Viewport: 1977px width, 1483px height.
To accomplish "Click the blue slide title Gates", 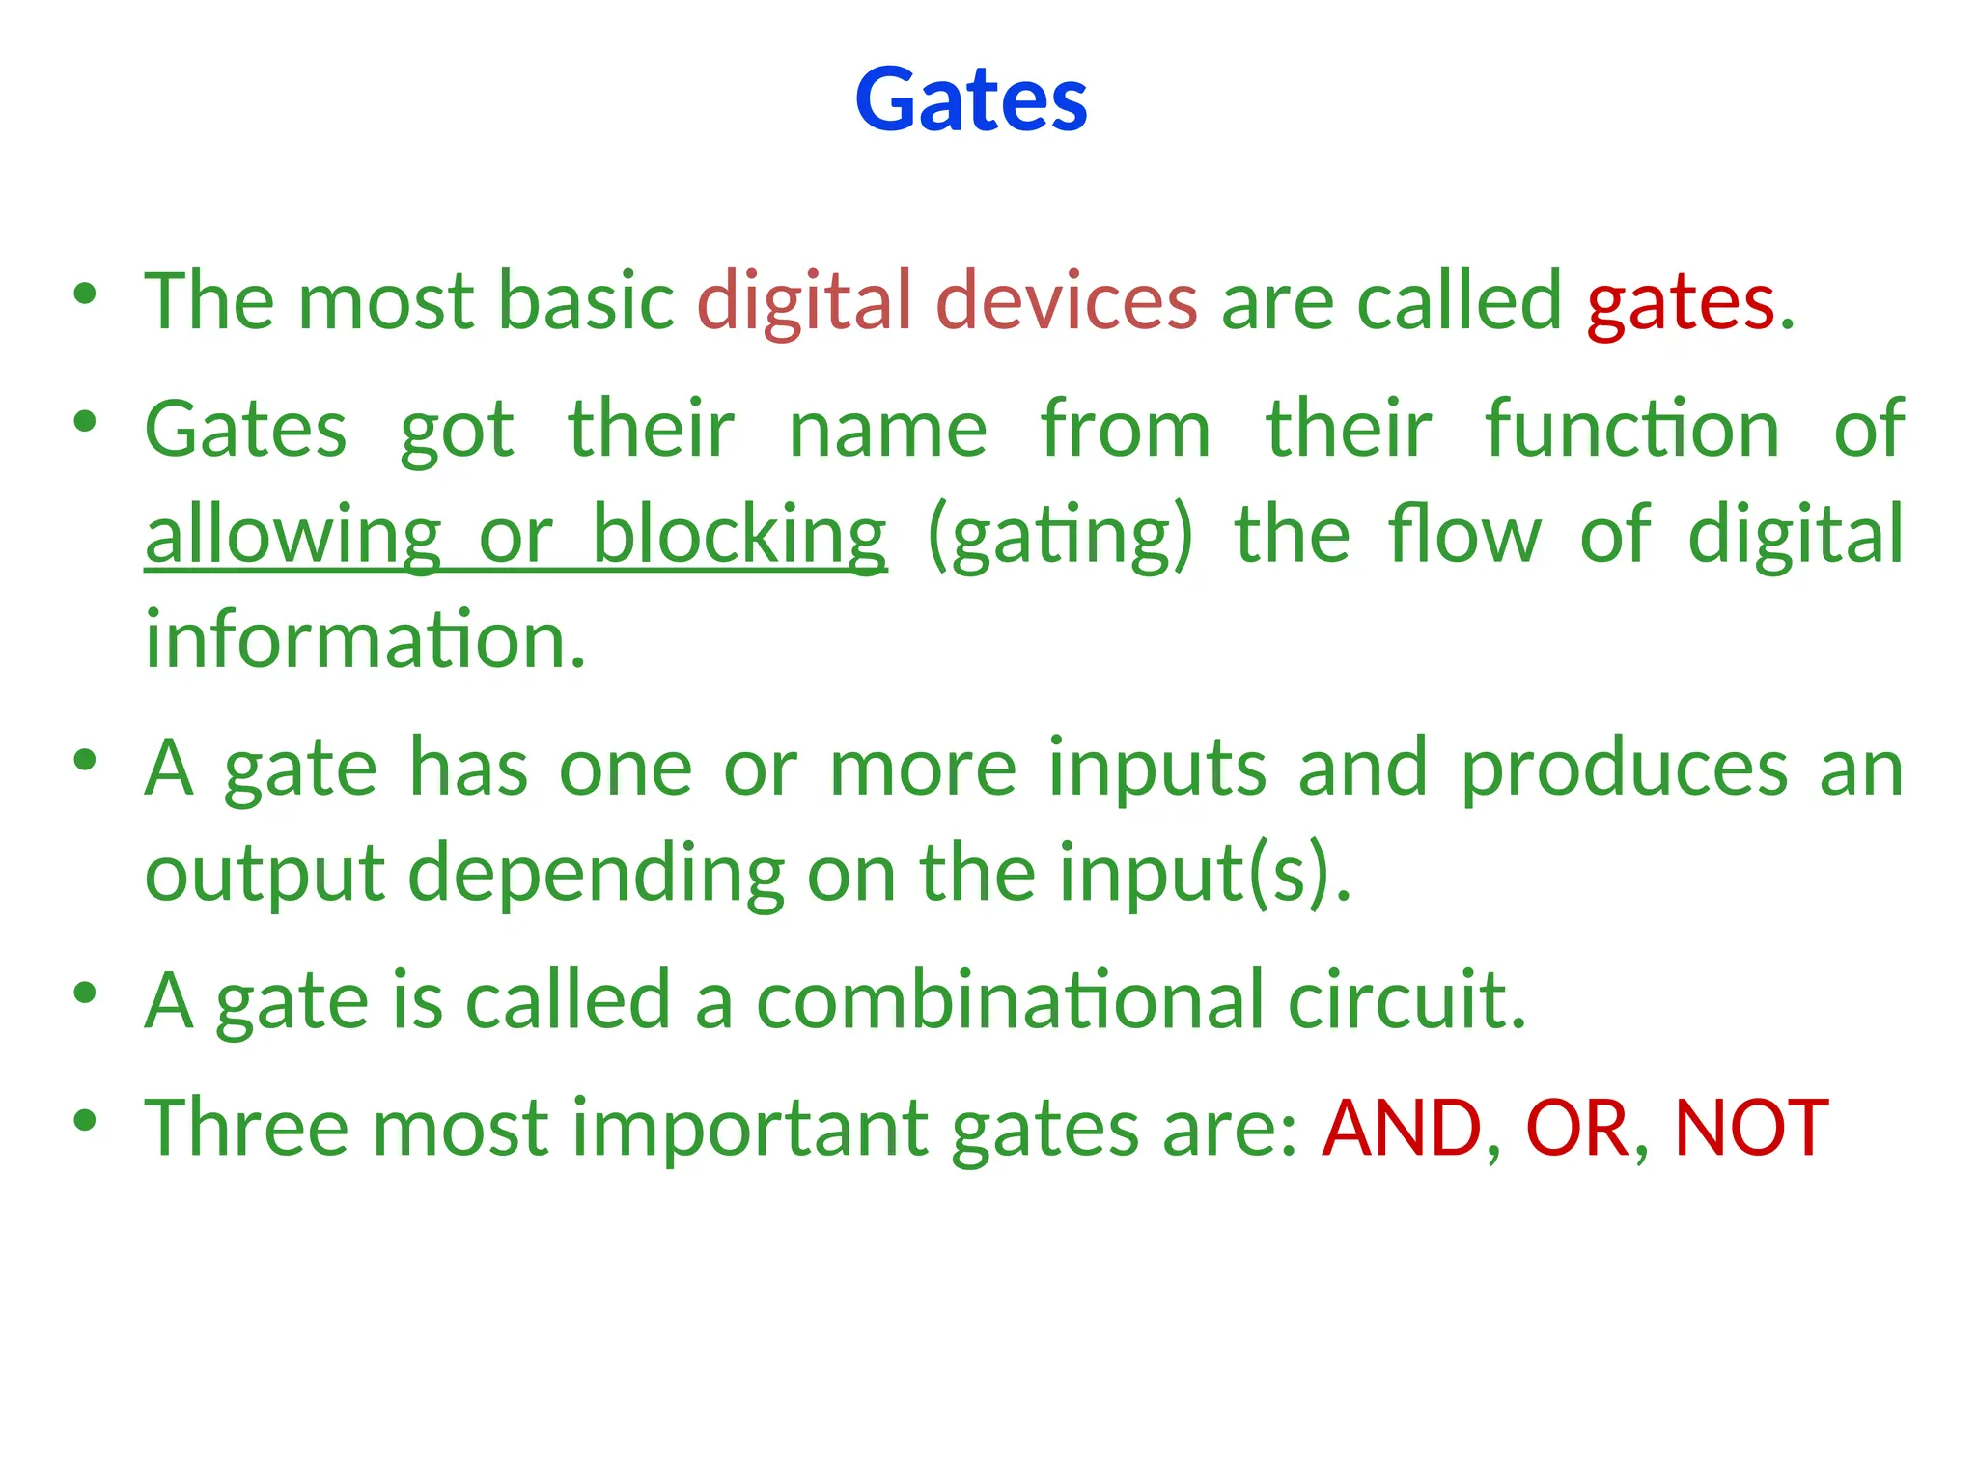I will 971,99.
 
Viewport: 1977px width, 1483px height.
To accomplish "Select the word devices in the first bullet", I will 1067,301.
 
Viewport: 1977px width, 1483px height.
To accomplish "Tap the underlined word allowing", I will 292,536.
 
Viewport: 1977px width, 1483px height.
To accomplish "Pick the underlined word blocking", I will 738,536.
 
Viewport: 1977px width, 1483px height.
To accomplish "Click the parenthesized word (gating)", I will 1060,536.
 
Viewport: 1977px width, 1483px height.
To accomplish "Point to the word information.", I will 365,640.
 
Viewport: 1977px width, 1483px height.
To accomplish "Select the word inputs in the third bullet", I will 1157,769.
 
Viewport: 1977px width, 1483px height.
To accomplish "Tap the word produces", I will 1625,769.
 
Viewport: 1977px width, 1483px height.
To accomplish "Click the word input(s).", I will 1204,874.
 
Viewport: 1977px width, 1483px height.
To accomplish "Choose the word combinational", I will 1010,1001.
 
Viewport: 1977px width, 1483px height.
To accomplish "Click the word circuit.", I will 1406,1001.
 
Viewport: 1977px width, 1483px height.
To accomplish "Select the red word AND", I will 1402,1129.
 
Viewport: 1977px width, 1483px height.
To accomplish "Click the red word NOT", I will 1750,1129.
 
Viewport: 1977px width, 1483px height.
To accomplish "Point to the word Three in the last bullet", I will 246,1129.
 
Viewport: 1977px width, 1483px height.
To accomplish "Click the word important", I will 750,1129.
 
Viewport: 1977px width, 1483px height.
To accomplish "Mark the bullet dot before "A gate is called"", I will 85,992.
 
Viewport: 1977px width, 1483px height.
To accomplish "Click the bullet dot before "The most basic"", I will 85,293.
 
